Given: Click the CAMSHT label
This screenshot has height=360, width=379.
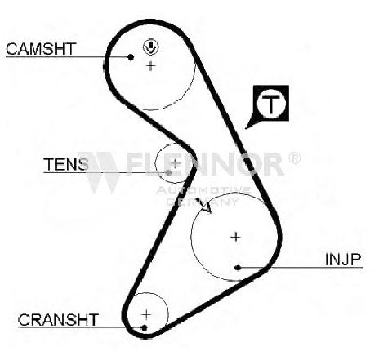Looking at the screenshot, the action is point(40,49).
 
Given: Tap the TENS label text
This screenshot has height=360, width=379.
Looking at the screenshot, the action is point(66,164).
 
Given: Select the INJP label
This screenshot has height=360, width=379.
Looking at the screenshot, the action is point(343,260).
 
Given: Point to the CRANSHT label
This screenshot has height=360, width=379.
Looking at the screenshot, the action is point(58,320).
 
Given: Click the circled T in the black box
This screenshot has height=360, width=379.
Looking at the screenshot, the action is point(271,104).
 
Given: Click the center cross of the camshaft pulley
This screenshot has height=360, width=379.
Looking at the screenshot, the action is point(150,66).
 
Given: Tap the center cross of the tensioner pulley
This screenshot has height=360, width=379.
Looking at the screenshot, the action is point(176,163).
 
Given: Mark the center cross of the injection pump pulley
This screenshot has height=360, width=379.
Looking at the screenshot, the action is point(235,237).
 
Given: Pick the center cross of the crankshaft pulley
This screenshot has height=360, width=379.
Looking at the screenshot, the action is point(146,315).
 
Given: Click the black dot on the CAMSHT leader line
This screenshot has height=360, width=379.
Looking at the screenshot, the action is point(131,57).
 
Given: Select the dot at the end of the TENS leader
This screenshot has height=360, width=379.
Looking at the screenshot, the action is point(169,172).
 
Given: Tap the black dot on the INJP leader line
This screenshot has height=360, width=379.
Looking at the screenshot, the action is point(238,268).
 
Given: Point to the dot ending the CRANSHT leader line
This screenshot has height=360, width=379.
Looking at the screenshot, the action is point(145,327).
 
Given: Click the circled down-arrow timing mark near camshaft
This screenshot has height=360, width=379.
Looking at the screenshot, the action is point(151,47).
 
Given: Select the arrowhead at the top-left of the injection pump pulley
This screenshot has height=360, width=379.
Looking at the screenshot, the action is point(206,207).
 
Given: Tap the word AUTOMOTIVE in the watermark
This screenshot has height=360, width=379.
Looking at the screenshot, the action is point(203,190).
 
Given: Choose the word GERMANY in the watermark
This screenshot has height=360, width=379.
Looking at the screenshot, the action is point(202,202).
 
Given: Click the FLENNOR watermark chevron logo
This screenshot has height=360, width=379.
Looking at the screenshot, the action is point(100,172).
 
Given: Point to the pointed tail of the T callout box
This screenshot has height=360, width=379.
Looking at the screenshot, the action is point(247,127).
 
